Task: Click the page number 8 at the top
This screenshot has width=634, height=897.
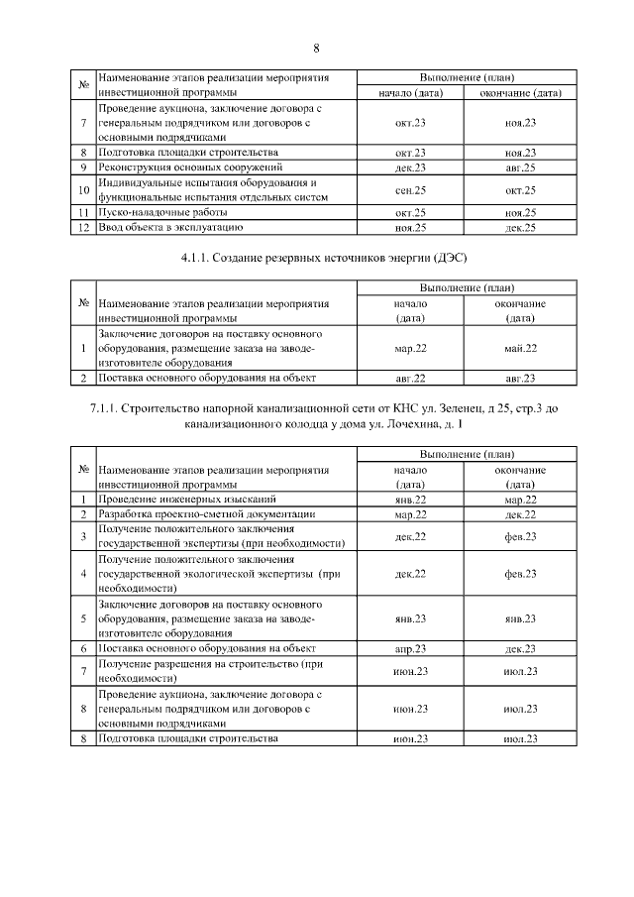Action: click(x=316, y=48)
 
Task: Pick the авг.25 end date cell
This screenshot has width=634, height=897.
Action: click(x=520, y=168)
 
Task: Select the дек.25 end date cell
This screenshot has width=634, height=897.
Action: click(x=520, y=228)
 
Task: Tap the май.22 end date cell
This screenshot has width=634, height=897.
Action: click(x=520, y=349)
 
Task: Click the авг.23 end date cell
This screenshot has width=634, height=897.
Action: click(x=520, y=379)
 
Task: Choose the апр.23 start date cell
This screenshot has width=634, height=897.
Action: click(x=409, y=648)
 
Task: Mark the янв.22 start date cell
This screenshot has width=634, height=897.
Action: click(x=409, y=500)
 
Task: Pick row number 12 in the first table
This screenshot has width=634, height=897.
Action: click(x=84, y=228)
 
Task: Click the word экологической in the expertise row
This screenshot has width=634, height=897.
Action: click(x=224, y=574)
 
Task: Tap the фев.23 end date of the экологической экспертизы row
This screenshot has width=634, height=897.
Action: click(x=520, y=574)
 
